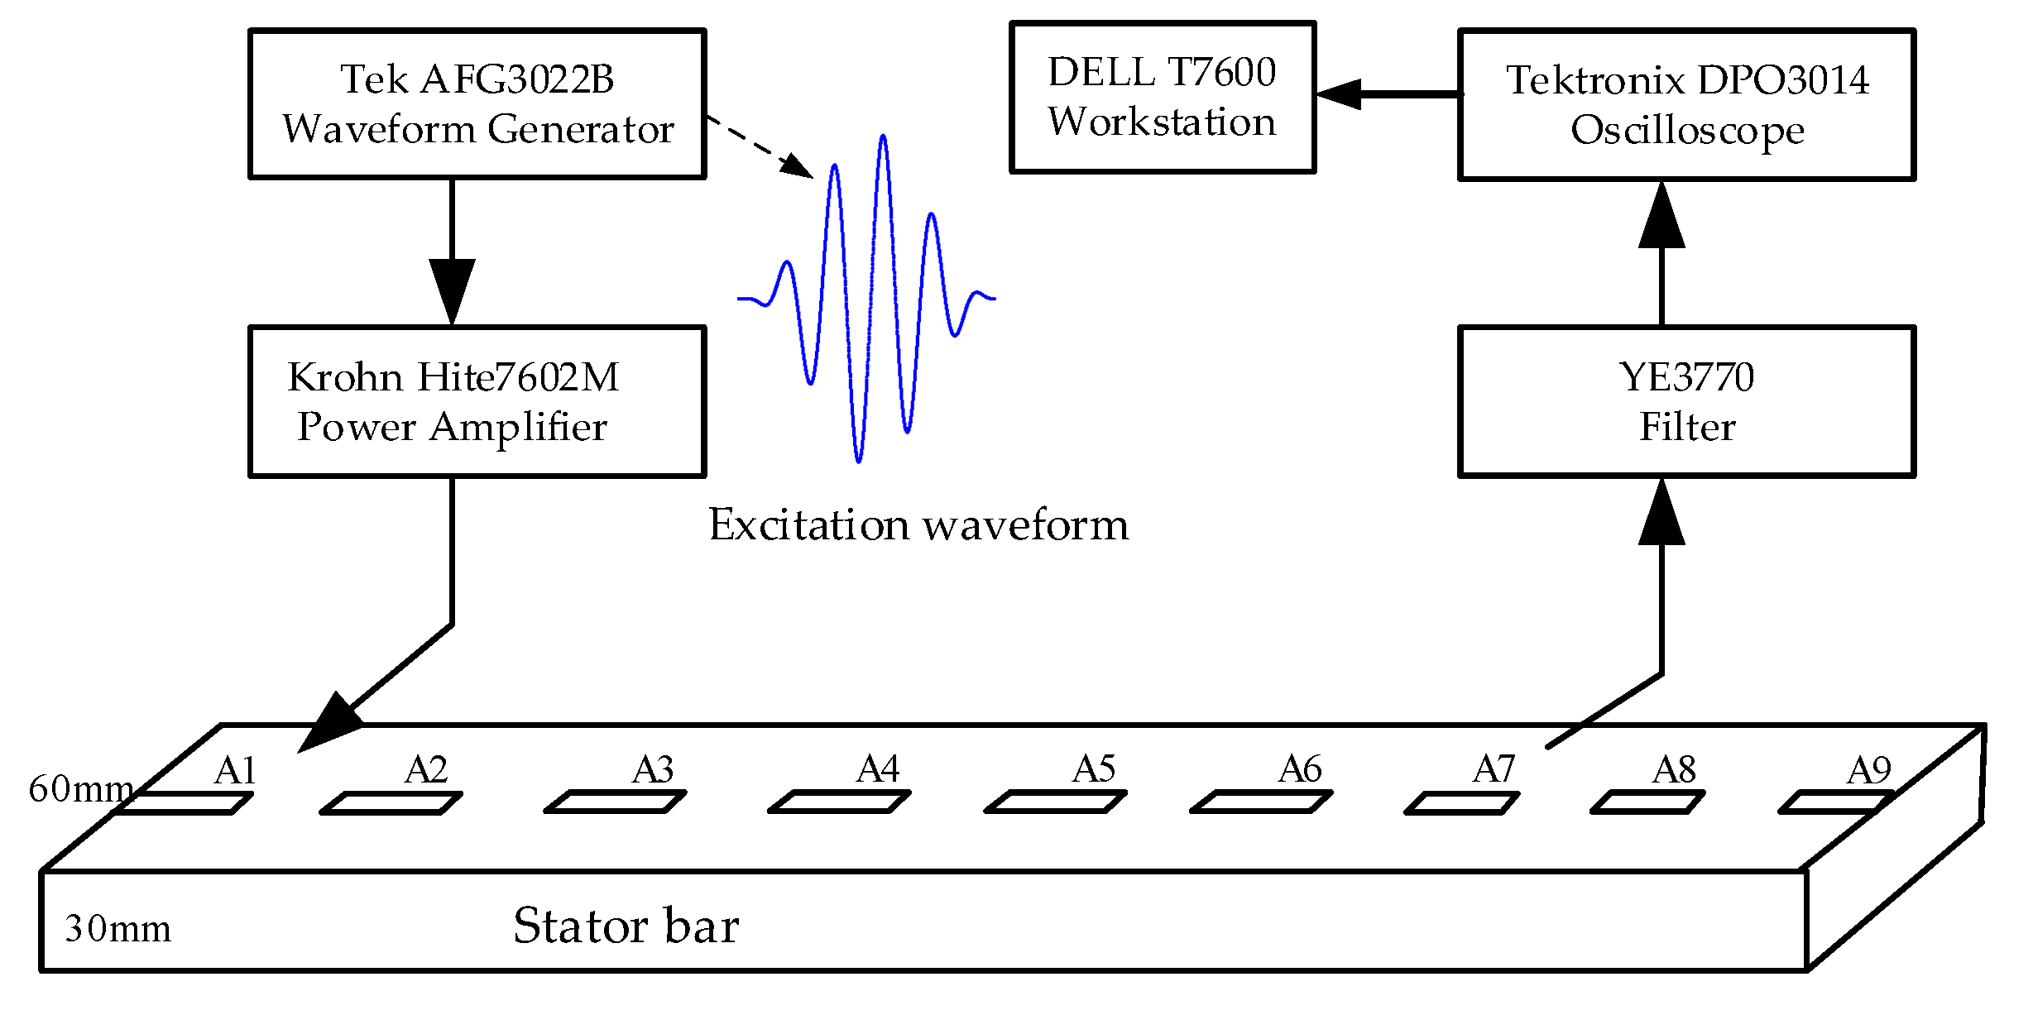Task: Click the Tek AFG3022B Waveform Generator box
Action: coord(477,104)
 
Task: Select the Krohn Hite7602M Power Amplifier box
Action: coord(477,401)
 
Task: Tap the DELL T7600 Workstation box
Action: coord(1162,97)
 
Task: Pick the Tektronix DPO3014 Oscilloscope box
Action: coord(1686,105)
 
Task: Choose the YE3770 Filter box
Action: coord(1686,401)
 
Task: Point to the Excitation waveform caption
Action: coord(918,524)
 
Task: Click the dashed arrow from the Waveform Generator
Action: coord(759,146)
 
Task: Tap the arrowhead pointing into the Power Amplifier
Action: coord(452,290)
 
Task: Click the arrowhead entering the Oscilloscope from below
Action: coord(1661,217)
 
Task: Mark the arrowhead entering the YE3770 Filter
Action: coord(1661,515)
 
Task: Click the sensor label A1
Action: coord(235,771)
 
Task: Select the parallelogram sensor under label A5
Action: coord(1055,802)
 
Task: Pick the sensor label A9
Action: coord(1869,770)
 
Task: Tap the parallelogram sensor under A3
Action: coord(615,802)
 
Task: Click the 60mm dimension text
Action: coord(80,789)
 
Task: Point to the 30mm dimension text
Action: coord(117,928)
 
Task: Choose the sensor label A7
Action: coord(1494,769)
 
